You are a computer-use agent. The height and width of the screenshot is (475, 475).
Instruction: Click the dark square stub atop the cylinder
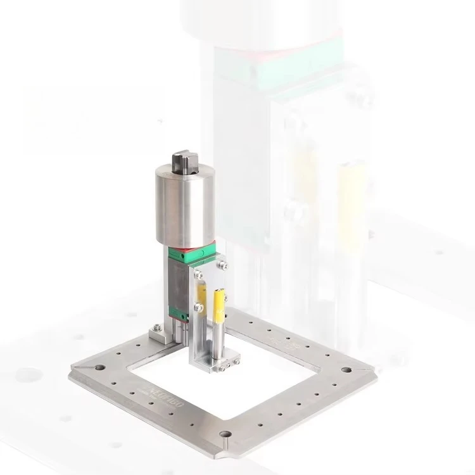[x=184, y=160]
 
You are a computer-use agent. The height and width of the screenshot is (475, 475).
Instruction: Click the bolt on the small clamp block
[x=156, y=327]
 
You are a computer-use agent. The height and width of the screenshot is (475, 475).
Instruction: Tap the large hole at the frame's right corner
[x=346, y=369]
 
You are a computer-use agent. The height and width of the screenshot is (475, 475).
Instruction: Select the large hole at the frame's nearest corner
[x=225, y=434]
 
